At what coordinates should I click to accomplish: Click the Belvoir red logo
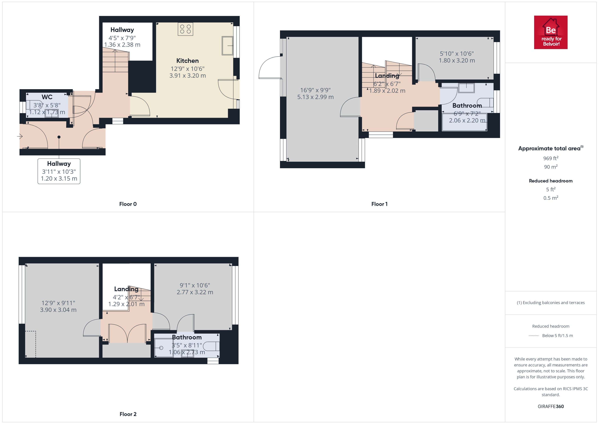click(x=551, y=32)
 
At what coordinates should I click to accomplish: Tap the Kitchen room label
click(x=187, y=61)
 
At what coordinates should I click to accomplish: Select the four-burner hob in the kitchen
click(x=185, y=29)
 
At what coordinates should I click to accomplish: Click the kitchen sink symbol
click(x=227, y=46)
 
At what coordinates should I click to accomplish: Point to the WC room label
click(x=47, y=97)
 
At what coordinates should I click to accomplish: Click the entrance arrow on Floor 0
click(x=20, y=136)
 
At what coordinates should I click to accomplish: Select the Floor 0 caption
click(x=128, y=204)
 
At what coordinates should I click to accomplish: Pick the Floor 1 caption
click(x=379, y=204)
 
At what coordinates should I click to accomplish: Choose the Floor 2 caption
click(x=128, y=414)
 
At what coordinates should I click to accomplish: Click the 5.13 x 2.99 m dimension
click(x=315, y=97)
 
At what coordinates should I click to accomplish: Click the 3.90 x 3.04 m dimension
click(x=58, y=310)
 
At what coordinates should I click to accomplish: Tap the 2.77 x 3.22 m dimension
click(x=195, y=292)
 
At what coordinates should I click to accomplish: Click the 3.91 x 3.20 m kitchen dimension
click(x=188, y=76)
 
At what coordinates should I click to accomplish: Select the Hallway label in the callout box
click(x=59, y=164)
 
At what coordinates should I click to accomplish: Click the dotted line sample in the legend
click(x=534, y=336)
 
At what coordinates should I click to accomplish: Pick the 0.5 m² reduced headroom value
click(x=551, y=198)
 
